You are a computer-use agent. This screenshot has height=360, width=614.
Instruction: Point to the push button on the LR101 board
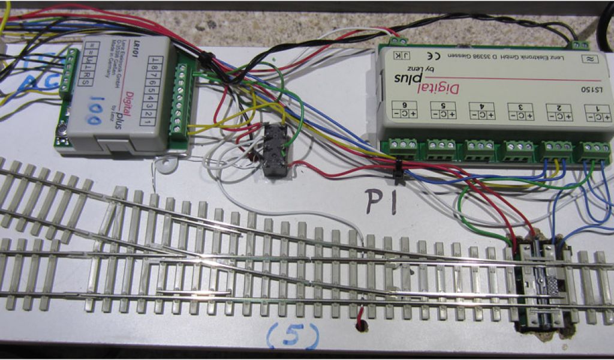pos(62,128)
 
